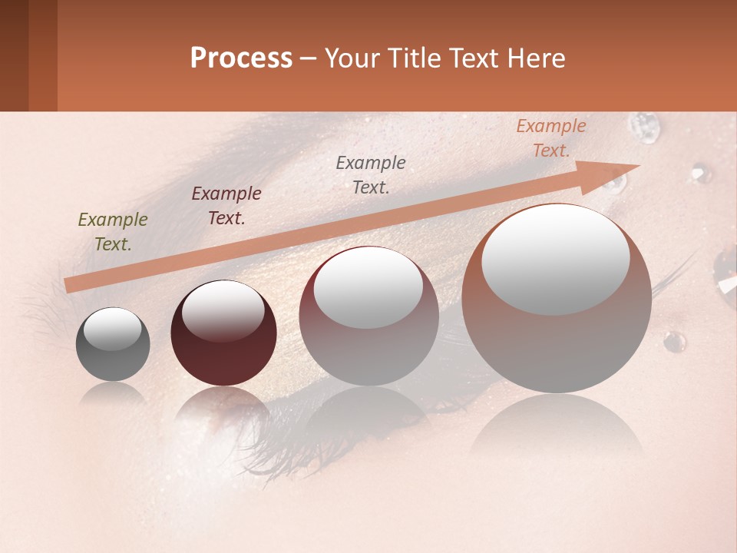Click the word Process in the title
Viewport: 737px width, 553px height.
(241, 58)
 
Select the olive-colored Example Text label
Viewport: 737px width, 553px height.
(113, 232)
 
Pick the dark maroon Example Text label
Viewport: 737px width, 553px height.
(226, 206)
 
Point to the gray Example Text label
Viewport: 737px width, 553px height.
(371, 174)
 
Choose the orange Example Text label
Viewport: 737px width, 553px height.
(551, 138)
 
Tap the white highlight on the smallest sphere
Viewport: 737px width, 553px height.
(112, 329)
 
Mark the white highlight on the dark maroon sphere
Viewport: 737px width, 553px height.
(223, 311)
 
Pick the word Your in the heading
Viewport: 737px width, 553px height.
(352, 58)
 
